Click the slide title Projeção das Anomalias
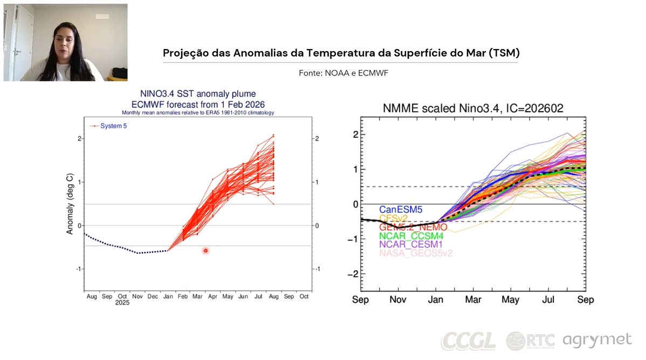coord(341,53)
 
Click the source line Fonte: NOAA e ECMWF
coord(343,73)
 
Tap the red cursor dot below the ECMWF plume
coord(205,251)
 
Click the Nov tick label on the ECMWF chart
coord(137,296)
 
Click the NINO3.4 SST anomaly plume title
coord(198,94)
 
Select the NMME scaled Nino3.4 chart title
coord(472,108)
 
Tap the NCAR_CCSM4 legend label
coord(412,236)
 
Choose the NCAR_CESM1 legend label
coord(412,245)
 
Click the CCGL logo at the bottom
coord(468,341)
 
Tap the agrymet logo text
coord(597,341)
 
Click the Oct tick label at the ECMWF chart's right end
coord(304,296)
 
